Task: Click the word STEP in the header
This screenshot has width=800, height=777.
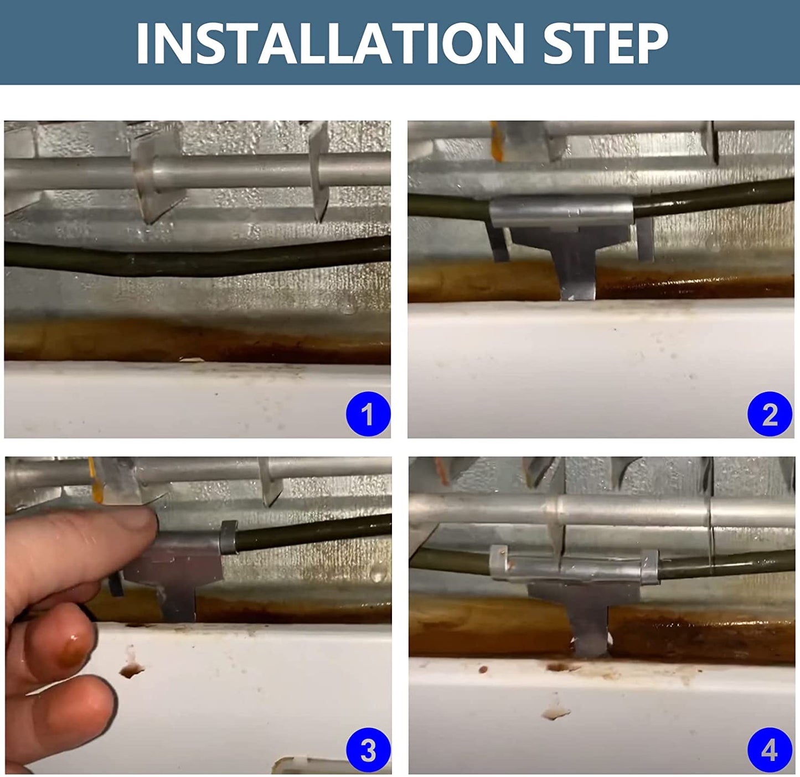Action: click(x=605, y=44)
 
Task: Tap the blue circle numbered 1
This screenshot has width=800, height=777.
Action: click(x=368, y=413)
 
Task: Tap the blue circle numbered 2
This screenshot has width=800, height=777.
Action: click(x=770, y=413)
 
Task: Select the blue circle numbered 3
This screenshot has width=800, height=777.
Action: click(x=368, y=750)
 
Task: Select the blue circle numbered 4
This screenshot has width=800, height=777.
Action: click(x=770, y=750)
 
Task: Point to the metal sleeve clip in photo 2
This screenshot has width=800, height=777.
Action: click(x=561, y=211)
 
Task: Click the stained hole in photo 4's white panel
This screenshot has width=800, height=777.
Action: click(x=555, y=713)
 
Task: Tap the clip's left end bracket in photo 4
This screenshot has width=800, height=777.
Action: click(x=499, y=562)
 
